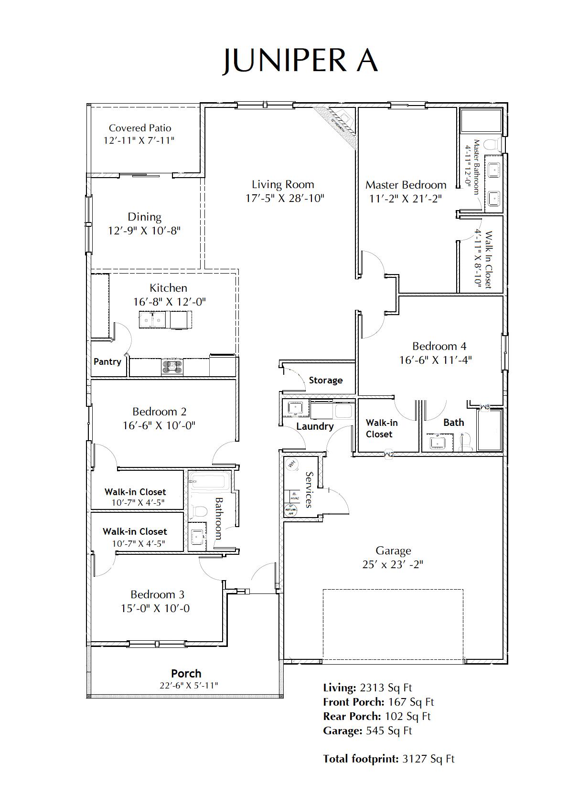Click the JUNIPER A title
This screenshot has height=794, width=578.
pyautogui.click(x=300, y=60)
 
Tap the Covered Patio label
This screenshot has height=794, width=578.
pyautogui.click(x=139, y=128)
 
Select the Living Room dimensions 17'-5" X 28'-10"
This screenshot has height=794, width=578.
pyautogui.click(x=284, y=198)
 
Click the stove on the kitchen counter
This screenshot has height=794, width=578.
pyautogui.click(x=172, y=366)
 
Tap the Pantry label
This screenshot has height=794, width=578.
pyautogui.click(x=107, y=361)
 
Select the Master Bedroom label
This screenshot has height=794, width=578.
pyautogui.click(x=406, y=185)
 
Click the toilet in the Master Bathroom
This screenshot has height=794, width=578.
pyautogui.click(x=492, y=144)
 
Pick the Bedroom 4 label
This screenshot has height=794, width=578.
pyautogui.click(x=439, y=346)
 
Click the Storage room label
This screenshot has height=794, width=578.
pyautogui.click(x=325, y=380)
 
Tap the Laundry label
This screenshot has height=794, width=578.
pyautogui.click(x=315, y=426)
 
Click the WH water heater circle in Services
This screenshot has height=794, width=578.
pyautogui.click(x=291, y=463)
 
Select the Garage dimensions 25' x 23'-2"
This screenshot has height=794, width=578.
pyautogui.click(x=393, y=564)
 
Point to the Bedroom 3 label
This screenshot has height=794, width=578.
pyautogui.click(x=157, y=594)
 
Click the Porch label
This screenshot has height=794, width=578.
pyautogui.click(x=186, y=674)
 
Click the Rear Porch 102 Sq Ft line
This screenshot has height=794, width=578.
pyautogui.click(x=376, y=716)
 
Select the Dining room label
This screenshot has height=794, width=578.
pyautogui.click(x=144, y=217)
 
